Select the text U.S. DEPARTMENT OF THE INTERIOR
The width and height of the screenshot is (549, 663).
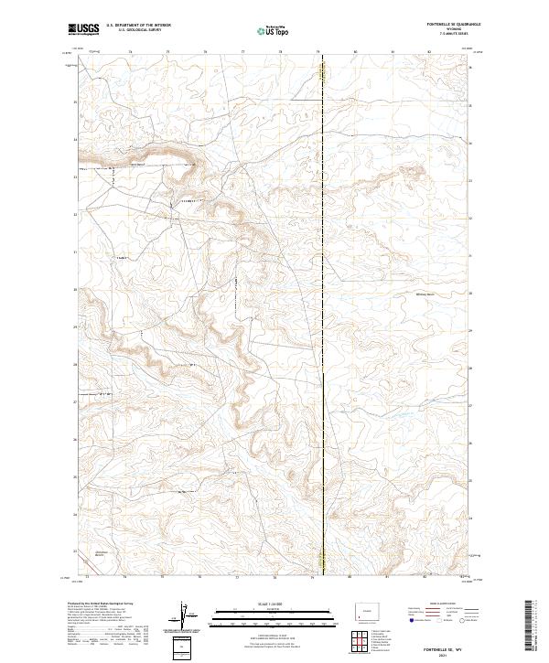(138, 25)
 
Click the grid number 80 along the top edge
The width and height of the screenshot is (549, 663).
(354, 52)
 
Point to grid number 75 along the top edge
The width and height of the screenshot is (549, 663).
(169, 52)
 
